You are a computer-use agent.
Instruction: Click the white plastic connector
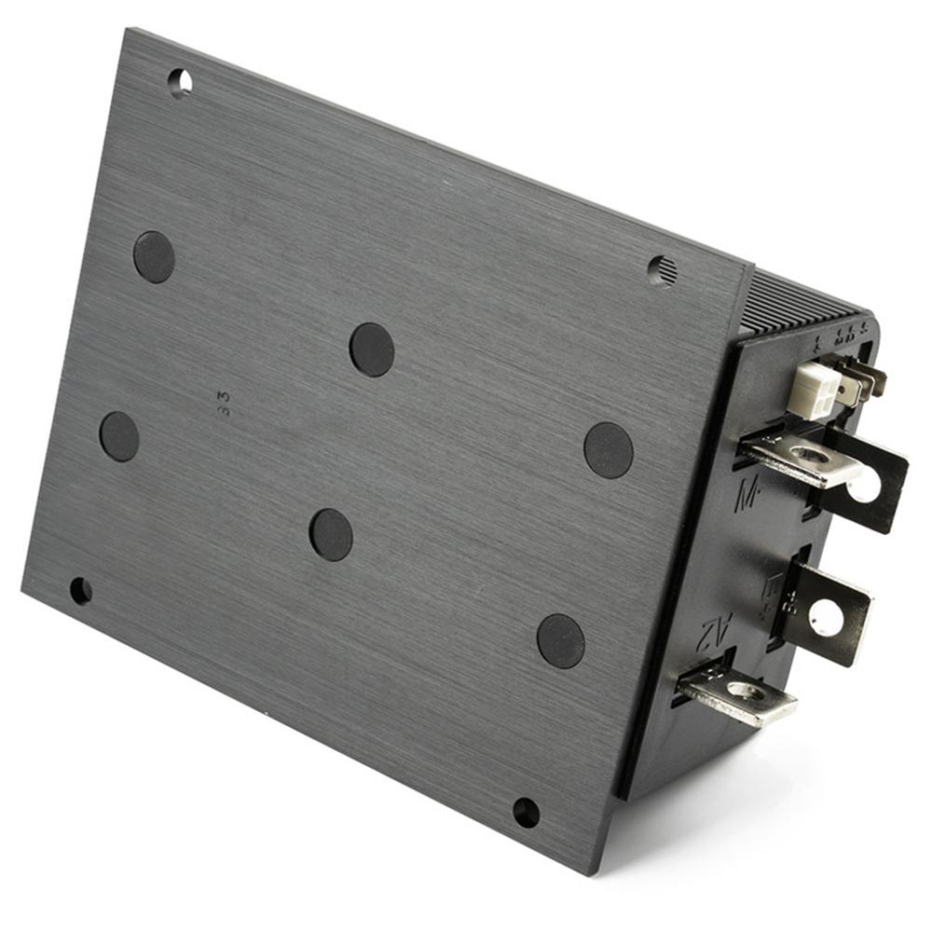pyautogui.click(x=810, y=389)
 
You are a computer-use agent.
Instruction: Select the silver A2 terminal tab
pyautogui.click(x=736, y=694)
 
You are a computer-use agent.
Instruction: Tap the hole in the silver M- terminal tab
pyautogui.click(x=811, y=455)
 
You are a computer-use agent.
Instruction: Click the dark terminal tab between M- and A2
pyautogui.click(x=826, y=612)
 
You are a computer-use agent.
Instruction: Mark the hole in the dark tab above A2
pyautogui.click(x=826, y=616)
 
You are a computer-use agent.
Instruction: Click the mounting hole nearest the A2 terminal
pyautogui.click(x=526, y=812)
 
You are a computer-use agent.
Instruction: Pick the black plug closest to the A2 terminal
pyautogui.click(x=561, y=641)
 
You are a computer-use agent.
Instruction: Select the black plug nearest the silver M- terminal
pyautogui.click(x=609, y=450)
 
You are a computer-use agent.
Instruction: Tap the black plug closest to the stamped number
pyautogui.click(x=154, y=257)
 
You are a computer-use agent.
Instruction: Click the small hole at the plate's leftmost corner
pyautogui.click(x=81, y=590)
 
